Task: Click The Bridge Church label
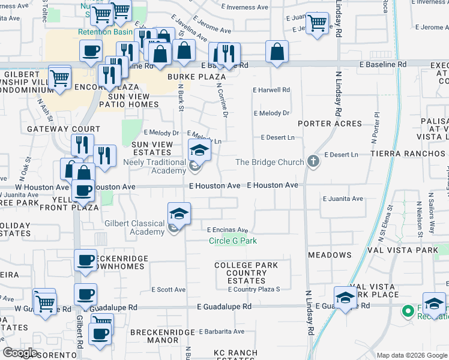tap(270, 162)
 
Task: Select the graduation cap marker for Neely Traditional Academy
tap(200, 150)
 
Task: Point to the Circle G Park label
tap(233, 241)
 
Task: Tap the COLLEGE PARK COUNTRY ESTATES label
tap(246, 272)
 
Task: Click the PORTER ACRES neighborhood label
tap(330, 124)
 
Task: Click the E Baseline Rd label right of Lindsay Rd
tap(383, 64)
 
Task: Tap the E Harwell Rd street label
tap(271, 90)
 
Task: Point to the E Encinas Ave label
tap(228, 230)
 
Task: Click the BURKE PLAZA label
tap(196, 77)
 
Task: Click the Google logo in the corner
tap(19, 353)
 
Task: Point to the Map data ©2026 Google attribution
tap(411, 355)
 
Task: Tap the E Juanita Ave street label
tap(343, 199)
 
